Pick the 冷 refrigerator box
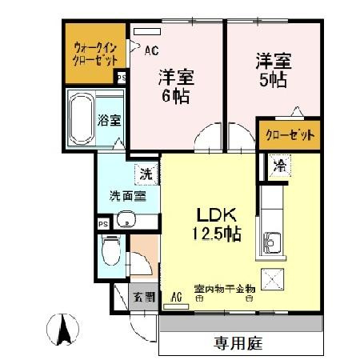[x=279, y=166]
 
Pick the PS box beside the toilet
[x=102, y=225]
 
